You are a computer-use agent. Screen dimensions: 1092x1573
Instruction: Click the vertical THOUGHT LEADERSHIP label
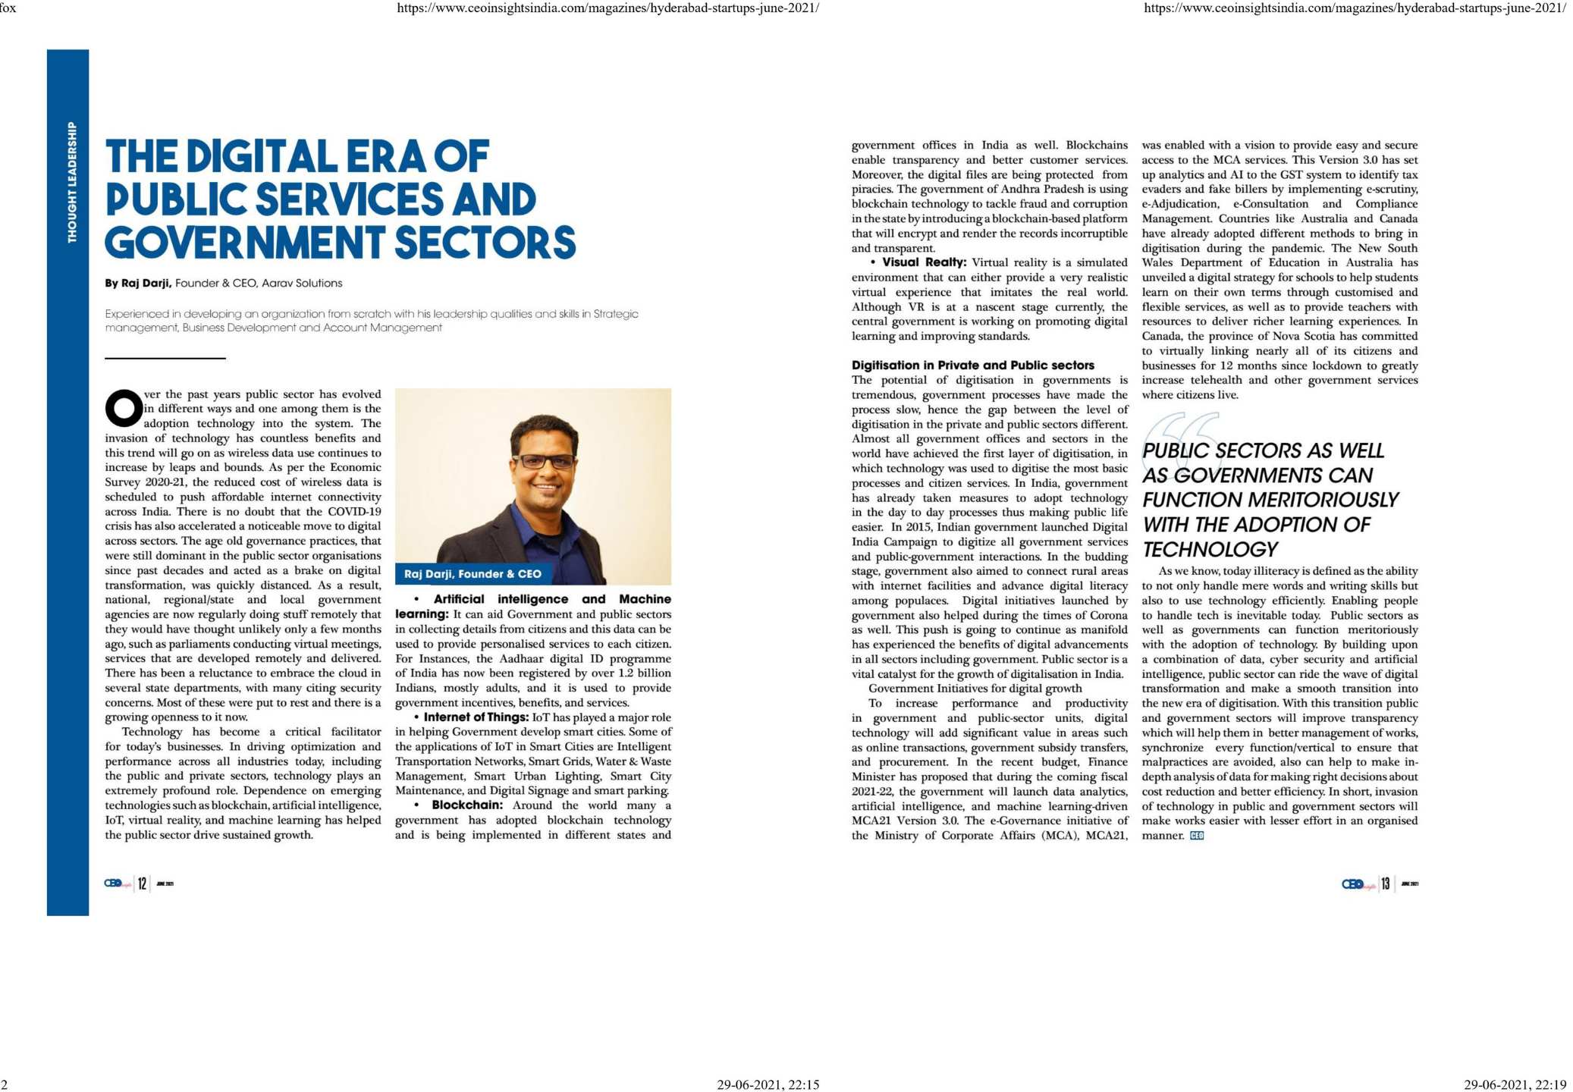click(x=72, y=183)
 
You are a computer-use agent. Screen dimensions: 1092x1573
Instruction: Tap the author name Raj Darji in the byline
click(x=146, y=284)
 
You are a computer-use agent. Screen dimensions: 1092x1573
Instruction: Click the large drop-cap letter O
click(x=124, y=408)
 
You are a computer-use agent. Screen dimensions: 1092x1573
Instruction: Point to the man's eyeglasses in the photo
click(x=544, y=461)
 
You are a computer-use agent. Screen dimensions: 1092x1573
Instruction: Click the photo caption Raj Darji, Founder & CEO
click(x=473, y=574)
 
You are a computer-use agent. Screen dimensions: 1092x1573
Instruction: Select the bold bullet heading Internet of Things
click(x=476, y=717)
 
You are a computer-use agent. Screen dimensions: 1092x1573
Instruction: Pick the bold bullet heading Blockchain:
click(x=467, y=805)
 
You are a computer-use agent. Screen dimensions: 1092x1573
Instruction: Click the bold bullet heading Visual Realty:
click(x=924, y=263)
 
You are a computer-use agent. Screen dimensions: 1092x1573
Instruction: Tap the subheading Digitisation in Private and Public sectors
click(x=972, y=366)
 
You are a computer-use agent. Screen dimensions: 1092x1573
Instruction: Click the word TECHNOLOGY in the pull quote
click(x=1210, y=550)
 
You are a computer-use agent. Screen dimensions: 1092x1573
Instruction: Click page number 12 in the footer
click(x=142, y=884)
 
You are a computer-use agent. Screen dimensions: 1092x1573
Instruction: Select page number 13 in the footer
click(x=1386, y=884)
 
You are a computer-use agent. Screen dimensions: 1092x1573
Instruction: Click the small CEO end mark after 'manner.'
click(x=1197, y=836)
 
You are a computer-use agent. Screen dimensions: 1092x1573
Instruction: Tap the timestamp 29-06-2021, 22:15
click(x=768, y=1085)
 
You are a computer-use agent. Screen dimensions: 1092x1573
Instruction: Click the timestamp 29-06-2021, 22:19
click(x=1514, y=1085)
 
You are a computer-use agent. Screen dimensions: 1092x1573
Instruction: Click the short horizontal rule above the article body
click(x=165, y=358)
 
